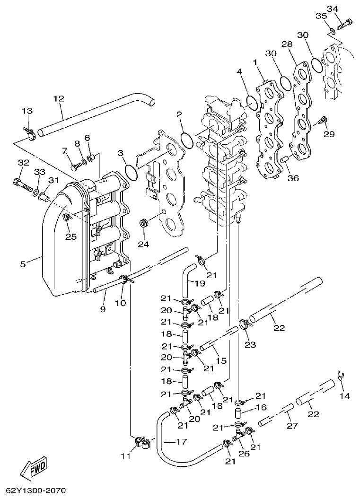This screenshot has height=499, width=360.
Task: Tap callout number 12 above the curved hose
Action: tap(58, 99)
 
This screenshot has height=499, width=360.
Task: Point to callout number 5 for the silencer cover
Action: tap(23, 264)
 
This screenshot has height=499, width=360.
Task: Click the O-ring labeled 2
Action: tap(187, 140)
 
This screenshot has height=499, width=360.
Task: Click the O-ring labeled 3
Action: tap(131, 172)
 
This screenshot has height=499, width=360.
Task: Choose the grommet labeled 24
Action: tap(142, 222)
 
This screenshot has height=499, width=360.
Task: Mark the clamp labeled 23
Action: tap(245, 324)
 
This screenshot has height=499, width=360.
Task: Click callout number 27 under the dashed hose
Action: tap(292, 426)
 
